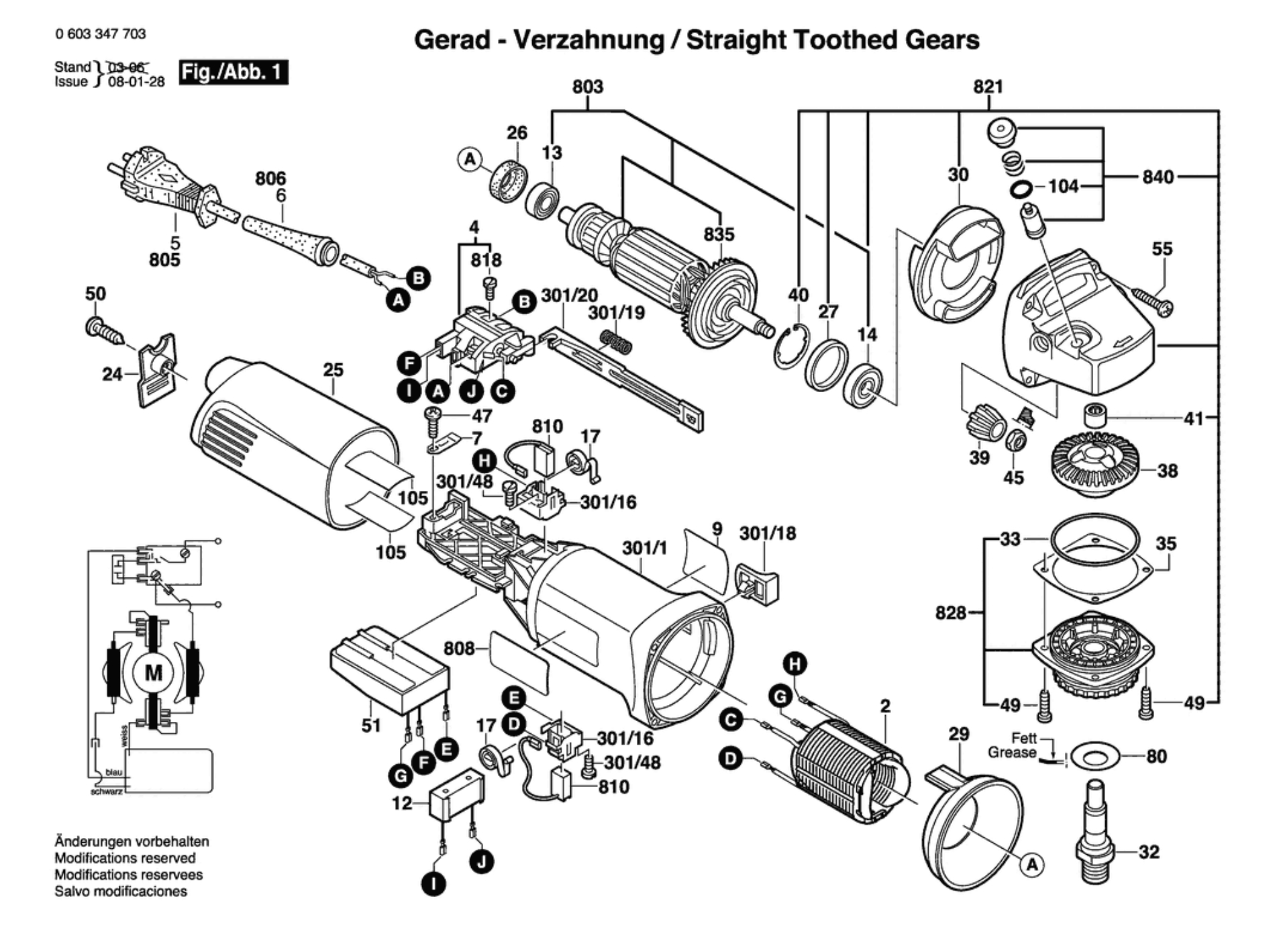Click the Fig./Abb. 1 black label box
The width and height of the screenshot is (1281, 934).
(x=233, y=72)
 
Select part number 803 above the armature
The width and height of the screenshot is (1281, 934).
(x=587, y=87)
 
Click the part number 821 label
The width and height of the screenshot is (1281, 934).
(x=988, y=87)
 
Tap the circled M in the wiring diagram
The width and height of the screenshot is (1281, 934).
(x=154, y=672)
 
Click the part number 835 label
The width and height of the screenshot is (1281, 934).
(x=719, y=234)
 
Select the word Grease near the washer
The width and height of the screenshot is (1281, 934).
(x=1011, y=753)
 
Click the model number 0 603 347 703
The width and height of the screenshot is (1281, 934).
(x=101, y=34)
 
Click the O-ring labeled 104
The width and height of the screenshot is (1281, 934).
(x=1021, y=189)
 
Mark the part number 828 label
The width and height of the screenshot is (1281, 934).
(x=950, y=612)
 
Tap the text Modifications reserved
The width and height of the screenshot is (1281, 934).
(x=125, y=858)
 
